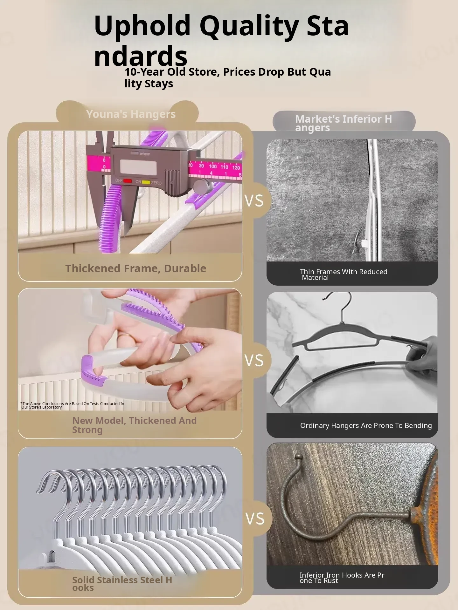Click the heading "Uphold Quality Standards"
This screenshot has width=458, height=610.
(221, 40)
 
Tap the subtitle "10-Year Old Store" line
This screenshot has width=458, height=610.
(228, 78)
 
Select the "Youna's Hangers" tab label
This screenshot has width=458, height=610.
(131, 114)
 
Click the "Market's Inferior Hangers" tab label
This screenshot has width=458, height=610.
(343, 123)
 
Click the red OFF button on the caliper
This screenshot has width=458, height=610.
(128, 181)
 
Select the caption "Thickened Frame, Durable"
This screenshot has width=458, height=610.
(136, 268)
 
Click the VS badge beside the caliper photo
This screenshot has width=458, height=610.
(254, 201)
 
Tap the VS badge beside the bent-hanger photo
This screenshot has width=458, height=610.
(254, 361)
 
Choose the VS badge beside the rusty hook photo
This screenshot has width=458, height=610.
(255, 519)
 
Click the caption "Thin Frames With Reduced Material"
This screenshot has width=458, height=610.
(343, 274)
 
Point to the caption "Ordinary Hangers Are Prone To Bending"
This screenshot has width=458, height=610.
(366, 425)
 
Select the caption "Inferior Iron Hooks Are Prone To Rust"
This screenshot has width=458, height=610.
(342, 578)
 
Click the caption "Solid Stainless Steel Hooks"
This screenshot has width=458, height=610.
(122, 584)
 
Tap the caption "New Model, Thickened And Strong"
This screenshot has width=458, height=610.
(134, 425)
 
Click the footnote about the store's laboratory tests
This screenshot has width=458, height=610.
(72, 405)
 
